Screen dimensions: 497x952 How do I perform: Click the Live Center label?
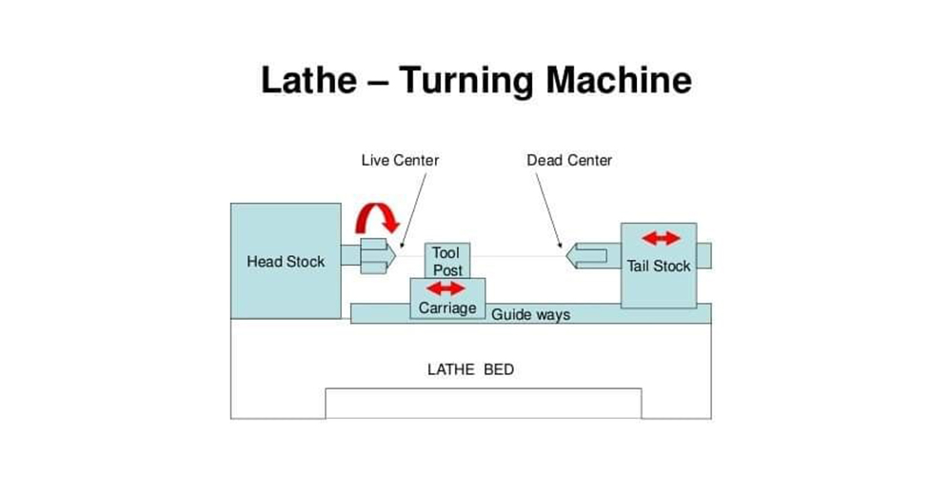[x=400, y=160]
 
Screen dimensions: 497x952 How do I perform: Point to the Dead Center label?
[x=569, y=160]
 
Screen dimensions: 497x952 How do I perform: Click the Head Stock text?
[x=286, y=261]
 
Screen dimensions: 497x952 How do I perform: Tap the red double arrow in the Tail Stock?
[x=661, y=238]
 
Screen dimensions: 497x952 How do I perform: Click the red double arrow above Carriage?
[x=445, y=288]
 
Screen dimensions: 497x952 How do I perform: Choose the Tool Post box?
[x=446, y=261]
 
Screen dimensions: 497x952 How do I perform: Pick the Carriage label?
[x=447, y=308]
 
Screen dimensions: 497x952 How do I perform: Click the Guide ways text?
[x=530, y=314]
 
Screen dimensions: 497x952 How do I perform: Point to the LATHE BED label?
[x=470, y=369]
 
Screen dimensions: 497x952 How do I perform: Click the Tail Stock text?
[x=659, y=266]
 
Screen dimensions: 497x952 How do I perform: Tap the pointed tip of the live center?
[x=397, y=255]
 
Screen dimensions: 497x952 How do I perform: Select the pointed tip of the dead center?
[x=566, y=255]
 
